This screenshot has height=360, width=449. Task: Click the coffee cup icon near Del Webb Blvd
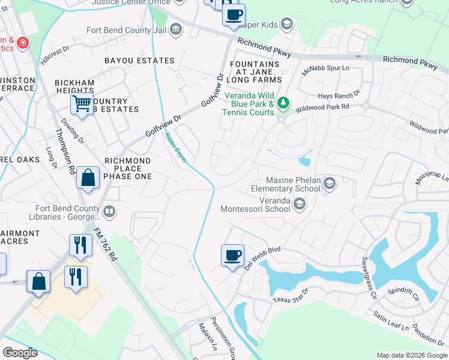232,255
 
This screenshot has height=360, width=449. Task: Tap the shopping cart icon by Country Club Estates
82,103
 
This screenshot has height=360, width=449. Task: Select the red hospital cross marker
22,43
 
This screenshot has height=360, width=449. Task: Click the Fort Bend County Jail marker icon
176,28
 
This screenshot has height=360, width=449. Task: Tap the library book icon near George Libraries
109,211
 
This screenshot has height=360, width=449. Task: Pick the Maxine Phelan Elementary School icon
329,183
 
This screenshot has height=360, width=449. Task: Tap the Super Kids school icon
287,25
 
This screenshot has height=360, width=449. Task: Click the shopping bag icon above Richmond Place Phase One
88,178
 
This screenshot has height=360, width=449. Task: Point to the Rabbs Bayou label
176,146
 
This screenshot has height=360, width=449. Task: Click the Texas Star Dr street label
291,296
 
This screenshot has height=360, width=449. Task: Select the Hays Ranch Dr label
339,94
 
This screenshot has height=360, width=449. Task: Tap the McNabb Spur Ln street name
325,68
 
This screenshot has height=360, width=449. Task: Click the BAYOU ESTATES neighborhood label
139,61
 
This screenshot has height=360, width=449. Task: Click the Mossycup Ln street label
432,179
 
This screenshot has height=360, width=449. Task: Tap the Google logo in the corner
20,353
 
